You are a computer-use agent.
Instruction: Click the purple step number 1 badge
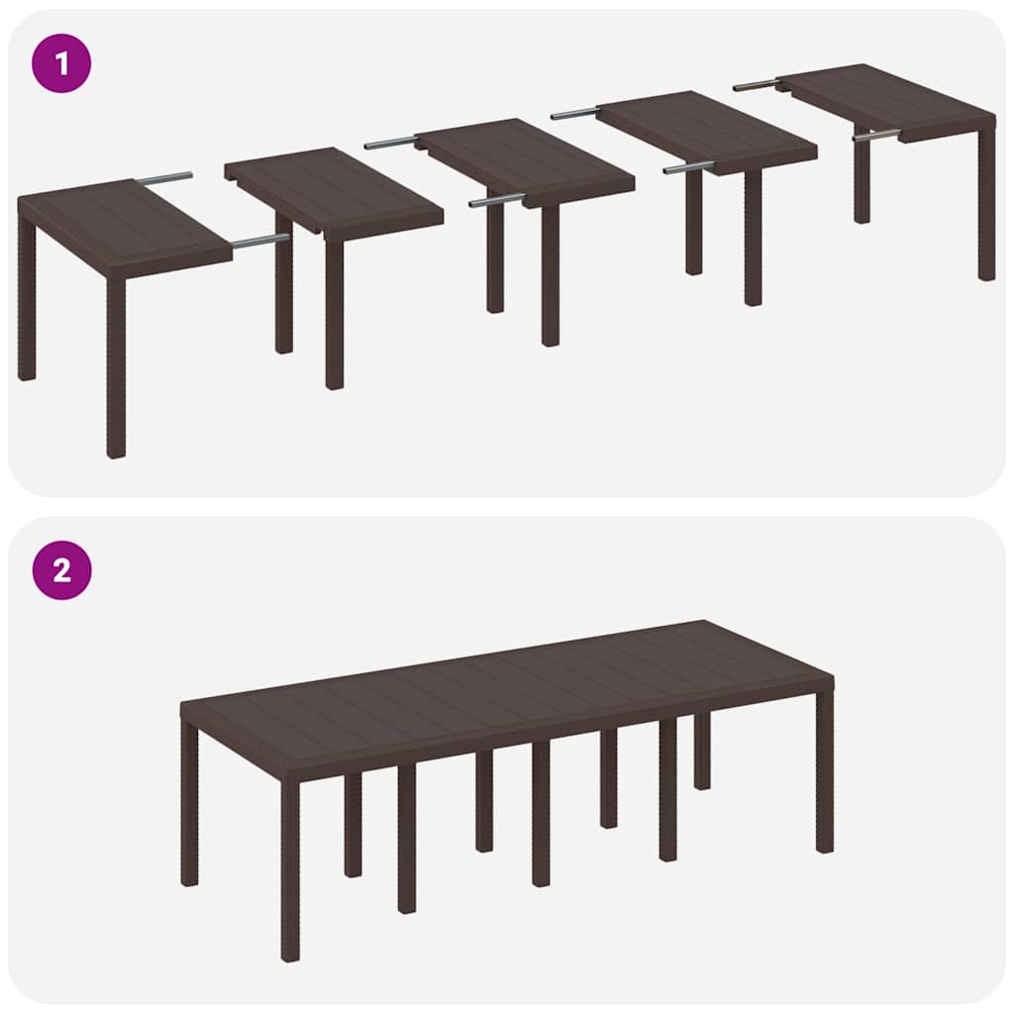[61, 63]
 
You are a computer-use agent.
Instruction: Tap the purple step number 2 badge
[61, 570]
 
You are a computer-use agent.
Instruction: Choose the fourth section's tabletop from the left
[707, 130]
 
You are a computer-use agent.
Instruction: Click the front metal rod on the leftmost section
[259, 240]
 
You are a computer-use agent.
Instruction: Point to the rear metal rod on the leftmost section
[164, 179]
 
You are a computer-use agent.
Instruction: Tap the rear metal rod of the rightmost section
[756, 86]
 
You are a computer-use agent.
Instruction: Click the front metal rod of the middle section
[496, 200]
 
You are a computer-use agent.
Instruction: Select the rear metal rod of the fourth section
[574, 114]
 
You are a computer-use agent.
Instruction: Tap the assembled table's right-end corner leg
[824, 772]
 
